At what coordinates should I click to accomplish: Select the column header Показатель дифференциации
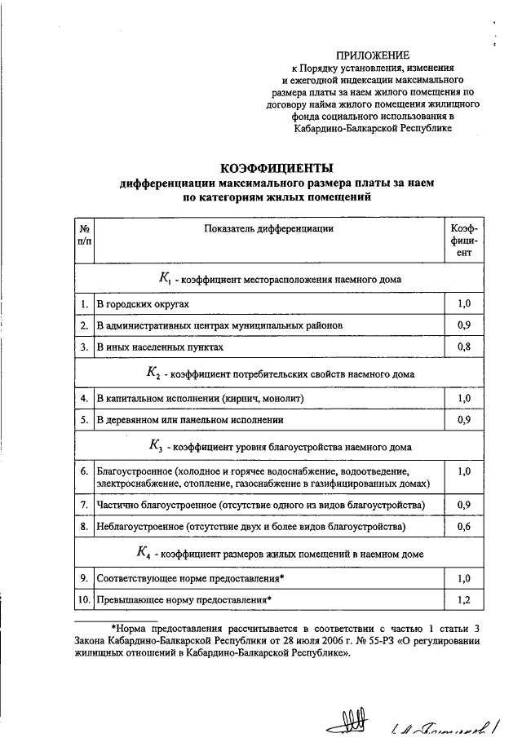[x=269, y=229]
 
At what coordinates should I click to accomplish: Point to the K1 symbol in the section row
[x=163, y=279]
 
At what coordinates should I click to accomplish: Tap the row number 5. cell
[x=84, y=421]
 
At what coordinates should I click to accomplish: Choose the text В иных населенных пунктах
[x=159, y=347]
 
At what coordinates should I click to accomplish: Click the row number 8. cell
[x=84, y=527]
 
